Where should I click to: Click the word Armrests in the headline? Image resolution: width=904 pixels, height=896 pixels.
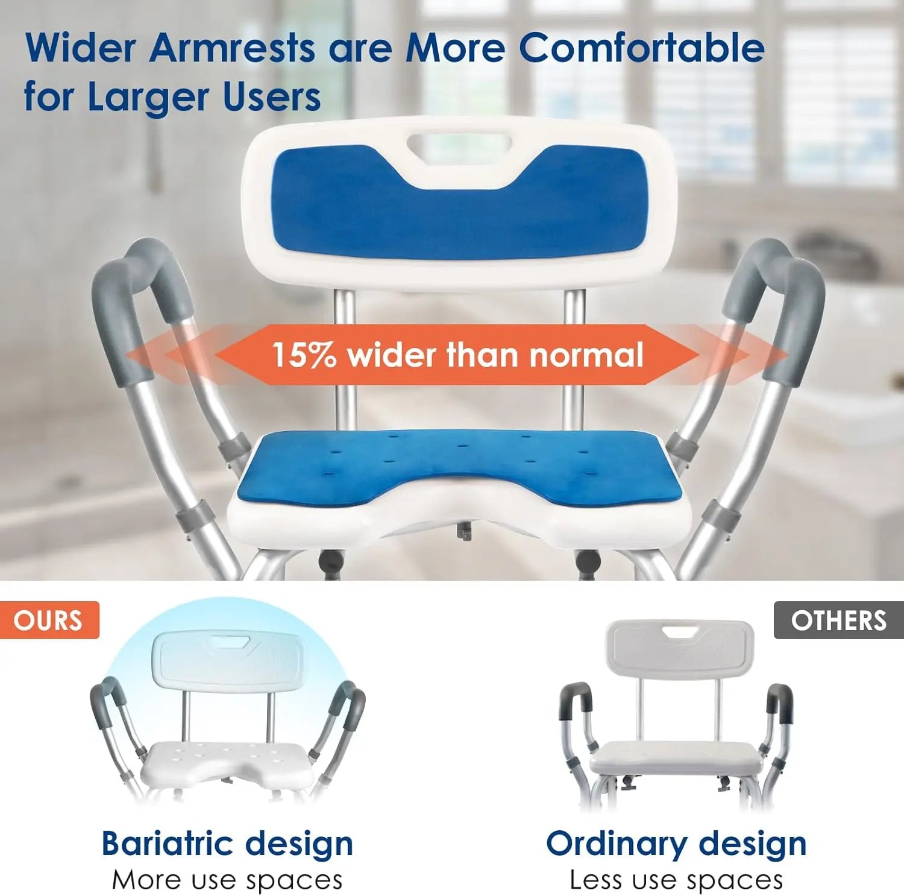click(232, 48)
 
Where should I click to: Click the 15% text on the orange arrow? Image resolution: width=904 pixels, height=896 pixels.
click(304, 355)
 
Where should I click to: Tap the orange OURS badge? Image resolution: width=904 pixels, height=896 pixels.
click(48, 620)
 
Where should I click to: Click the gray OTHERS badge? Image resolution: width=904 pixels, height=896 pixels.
click(839, 620)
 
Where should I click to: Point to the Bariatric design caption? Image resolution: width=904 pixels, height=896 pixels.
click(227, 843)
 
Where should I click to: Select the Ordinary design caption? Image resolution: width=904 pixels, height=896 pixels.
click(676, 843)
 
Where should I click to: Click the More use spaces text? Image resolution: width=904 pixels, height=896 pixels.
click(227, 880)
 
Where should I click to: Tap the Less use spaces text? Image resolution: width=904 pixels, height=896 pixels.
click(676, 880)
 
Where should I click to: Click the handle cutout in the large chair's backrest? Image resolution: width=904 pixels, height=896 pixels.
click(459, 144)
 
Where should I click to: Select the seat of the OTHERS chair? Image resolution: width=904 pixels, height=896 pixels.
click(676, 757)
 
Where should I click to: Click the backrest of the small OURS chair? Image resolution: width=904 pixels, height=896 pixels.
click(226, 660)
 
